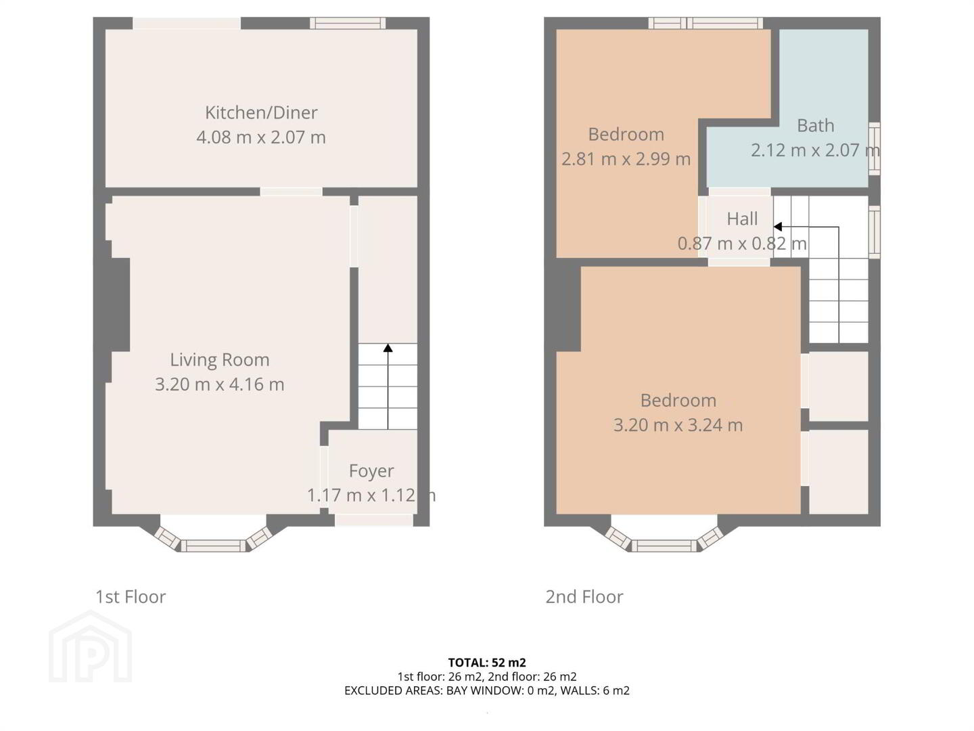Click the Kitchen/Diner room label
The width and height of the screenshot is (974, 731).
pyautogui.click(x=261, y=113)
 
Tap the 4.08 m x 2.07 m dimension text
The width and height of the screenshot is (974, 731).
pyautogui.click(x=261, y=137)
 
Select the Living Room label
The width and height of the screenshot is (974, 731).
pyautogui.click(x=220, y=359)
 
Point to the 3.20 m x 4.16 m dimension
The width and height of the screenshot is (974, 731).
pyautogui.click(x=220, y=384)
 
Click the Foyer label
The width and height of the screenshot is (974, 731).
pyautogui.click(x=371, y=471)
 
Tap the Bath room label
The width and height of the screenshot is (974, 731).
pyautogui.click(x=816, y=126)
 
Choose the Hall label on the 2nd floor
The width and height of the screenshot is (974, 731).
pyautogui.click(x=743, y=219)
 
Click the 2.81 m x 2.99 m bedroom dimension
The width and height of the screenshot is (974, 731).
pyautogui.click(x=626, y=159)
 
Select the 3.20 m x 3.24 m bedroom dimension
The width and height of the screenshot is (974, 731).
pyautogui.click(x=678, y=425)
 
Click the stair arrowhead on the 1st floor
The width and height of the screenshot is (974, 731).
pyautogui.click(x=388, y=348)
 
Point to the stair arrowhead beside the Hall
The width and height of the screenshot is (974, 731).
pyautogui.click(x=777, y=227)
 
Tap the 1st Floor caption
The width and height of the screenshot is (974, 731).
pyautogui.click(x=131, y=597)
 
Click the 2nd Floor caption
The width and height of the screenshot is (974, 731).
pyautogui.click(x=584, y=597)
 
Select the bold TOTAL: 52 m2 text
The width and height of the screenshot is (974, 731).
pyautogui.click(x=487, y=663)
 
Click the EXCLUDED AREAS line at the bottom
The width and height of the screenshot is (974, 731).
pyautogui.click(x=487, y=690)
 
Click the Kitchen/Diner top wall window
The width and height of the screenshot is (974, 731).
pyautogui.click(x=348, y=23)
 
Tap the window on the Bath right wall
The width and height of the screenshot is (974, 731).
pyautogui.click(x=874, y=148)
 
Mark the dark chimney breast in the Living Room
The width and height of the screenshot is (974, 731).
pyautogui.click(x=118, y=305)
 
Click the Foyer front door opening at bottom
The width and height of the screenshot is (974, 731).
pyautogui.click(x=374, y=520)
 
